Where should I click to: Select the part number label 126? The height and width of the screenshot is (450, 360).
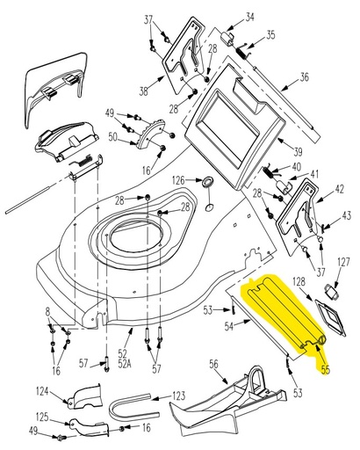pyautogui.click(x=178, y=181)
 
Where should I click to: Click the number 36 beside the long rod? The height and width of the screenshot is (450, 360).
pyautogui.click(x=305, y=76)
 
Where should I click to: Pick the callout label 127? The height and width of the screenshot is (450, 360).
pyautogui.click(x=343, y=261)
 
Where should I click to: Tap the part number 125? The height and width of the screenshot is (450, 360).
pyautogui.click(x=41, y=417)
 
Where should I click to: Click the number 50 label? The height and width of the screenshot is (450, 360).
pyautogui.click(x=113, y=136)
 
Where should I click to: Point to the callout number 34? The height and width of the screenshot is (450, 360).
pyautogui.click(x=249, y=18)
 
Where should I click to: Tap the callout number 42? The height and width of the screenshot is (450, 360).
pyautogui.click(x=339, y=187)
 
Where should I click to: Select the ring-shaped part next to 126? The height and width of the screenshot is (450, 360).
pyautogui.click(x=209, y=182)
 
